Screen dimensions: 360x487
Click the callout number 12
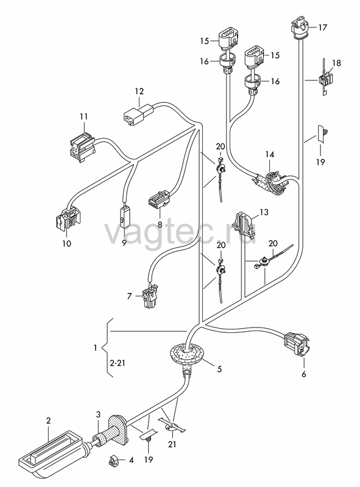point(139,91)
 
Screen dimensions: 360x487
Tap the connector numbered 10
point(68,219)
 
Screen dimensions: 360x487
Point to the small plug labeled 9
point(125,215)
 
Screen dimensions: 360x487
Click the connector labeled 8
point(159,198)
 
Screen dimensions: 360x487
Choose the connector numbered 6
point(297,344)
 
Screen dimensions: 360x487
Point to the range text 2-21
point(117,363)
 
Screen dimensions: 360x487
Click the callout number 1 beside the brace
point(95,347)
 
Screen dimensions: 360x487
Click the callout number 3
point(98,415)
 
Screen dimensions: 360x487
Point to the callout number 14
point(269,154)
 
